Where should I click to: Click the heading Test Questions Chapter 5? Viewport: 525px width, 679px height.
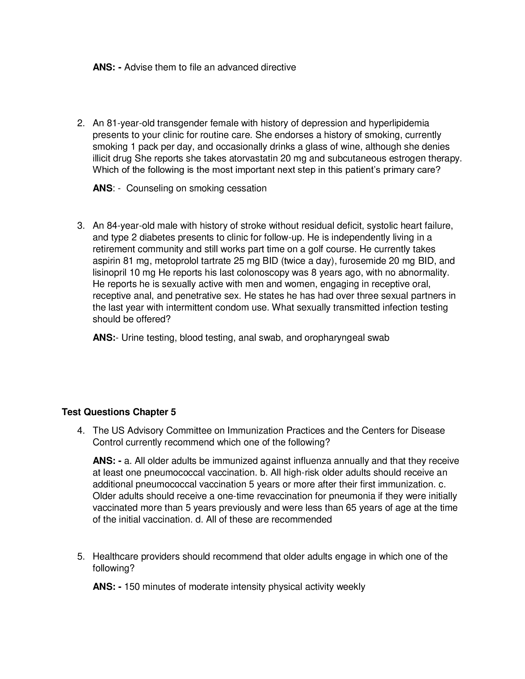(119, 412)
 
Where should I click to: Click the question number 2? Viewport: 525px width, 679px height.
(81, 123)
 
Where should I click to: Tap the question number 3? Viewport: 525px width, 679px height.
(81, 226)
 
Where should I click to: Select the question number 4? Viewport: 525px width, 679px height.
(81, 431)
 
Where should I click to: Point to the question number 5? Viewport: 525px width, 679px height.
(81, 556)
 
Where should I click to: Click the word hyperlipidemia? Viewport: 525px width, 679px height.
(399, 123)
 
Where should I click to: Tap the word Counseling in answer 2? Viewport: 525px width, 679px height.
(149, 188)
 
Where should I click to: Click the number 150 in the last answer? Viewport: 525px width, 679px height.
(132, 587)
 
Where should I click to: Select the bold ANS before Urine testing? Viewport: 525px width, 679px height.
(103, 338)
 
